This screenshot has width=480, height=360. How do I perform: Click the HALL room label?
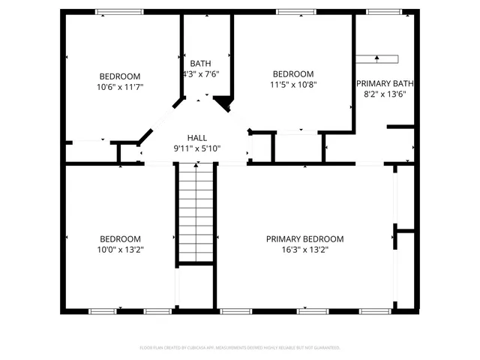[197, 137]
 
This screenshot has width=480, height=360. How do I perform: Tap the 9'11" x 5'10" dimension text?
[197, 148]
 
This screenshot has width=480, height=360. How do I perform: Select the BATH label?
[200, 63]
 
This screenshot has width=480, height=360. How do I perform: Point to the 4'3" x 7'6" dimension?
[200, 74]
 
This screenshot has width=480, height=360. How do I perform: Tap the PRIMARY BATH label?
[385, 83]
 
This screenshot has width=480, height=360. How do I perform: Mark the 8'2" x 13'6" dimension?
[385, 94]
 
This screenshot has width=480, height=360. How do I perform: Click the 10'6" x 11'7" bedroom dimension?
[121, 87]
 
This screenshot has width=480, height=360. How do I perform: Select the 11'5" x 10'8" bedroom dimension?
[292, 85]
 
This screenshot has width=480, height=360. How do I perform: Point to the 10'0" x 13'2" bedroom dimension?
[121, 250]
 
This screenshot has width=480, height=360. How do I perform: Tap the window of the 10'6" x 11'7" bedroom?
[119, 11]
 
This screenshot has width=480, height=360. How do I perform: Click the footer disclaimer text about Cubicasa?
[240, 348]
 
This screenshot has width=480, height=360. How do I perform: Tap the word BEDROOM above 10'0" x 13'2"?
[121, 239]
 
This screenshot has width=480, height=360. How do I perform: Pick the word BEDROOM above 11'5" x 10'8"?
[292, 73]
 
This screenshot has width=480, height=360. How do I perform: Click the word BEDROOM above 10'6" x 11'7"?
[121, 76]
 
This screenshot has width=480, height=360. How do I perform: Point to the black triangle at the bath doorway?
[222, 101]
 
